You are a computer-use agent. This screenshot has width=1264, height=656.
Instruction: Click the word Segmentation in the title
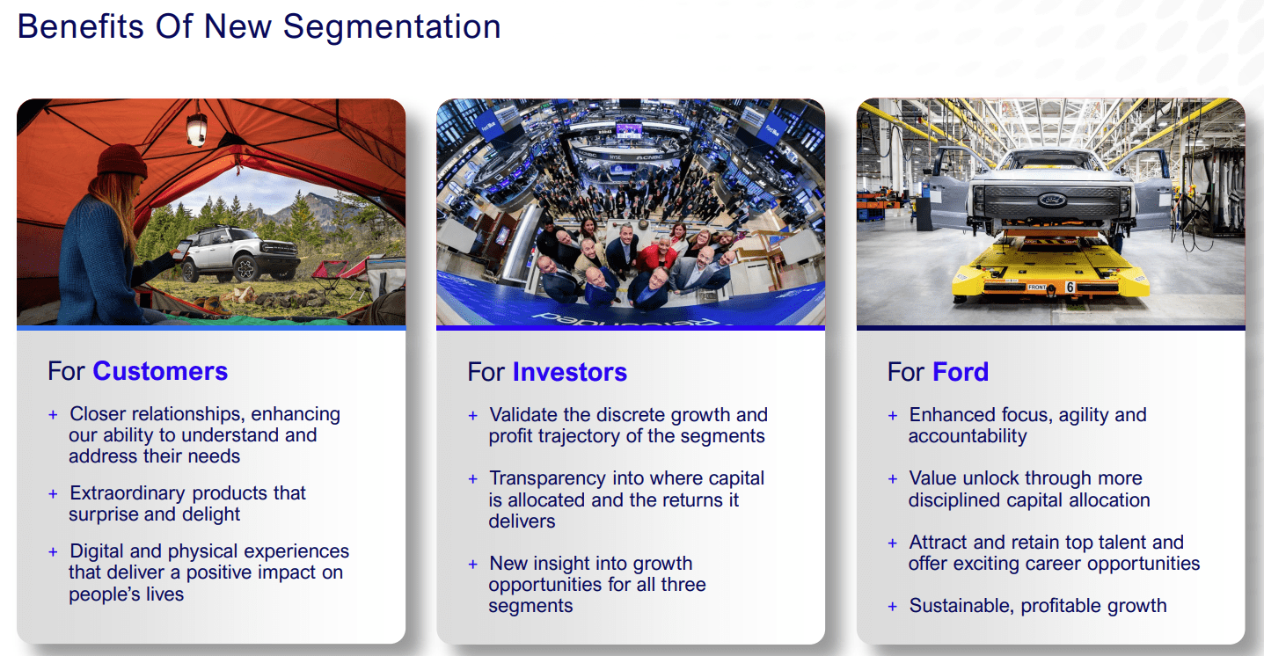click(391, 27)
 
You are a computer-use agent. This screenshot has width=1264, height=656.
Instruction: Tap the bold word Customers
click(160, 371)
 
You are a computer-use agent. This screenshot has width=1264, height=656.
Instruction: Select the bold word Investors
click(570, 372)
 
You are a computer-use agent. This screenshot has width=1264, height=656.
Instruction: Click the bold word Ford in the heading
click(961, 372)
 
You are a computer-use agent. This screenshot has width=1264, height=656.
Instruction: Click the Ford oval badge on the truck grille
click(1052, 200)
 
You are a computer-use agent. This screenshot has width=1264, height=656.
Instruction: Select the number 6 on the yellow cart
click(1070, 287)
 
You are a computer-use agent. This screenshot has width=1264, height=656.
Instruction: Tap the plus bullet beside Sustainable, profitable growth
click(892, 607)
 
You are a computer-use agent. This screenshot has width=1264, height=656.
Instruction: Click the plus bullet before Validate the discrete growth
click(473, 416)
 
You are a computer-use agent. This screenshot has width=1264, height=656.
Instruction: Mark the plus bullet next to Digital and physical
click(53, 551)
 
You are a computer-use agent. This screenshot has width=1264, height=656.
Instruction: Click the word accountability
click(968, 436)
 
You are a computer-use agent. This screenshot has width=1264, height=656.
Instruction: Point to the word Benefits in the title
click(81, 26)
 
